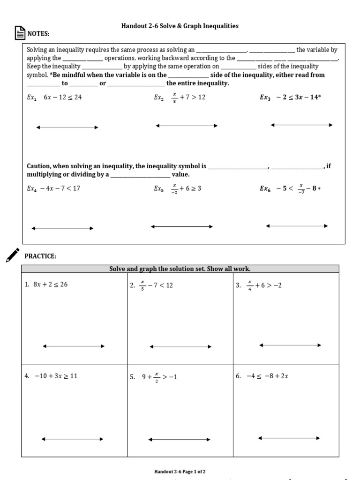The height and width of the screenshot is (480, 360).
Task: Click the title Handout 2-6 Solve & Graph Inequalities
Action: click(x=180, y=26)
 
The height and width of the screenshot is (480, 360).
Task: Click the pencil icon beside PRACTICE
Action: click(x=13, y=255)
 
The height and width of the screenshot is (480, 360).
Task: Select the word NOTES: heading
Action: click(x=38, y=34)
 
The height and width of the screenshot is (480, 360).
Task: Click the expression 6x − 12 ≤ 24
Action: click(x=62, y=98)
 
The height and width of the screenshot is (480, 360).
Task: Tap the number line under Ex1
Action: click(x=67, y=127)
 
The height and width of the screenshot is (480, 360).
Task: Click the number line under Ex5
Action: click(x=181, y=226)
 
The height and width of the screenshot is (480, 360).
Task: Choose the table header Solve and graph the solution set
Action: click(x=180, y=269)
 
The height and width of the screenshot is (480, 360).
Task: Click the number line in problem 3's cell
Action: click(x=290, y=345)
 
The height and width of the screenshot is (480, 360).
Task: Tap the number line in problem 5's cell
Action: click(x=179, y=440)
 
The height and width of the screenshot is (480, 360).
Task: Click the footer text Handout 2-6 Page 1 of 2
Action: click(x=180, y=471)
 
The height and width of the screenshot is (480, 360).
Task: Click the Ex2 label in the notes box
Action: click(x=158, y=98)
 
